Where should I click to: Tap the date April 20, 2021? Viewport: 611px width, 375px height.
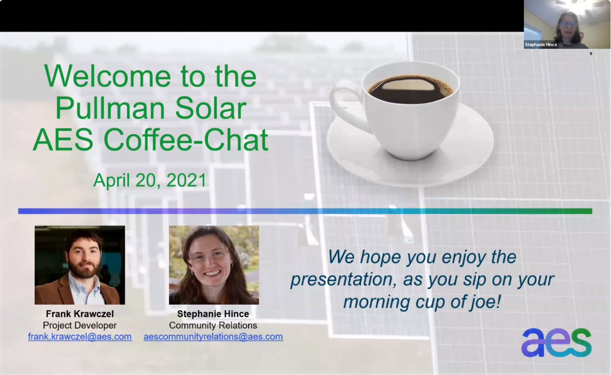click(150, 181)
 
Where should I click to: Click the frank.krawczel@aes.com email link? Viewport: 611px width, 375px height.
click(80, 336)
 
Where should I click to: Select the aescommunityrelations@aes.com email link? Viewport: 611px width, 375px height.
click(213, 336)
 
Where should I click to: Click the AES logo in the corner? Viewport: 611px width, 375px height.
click(557, 343)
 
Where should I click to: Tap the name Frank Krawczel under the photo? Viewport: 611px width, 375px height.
click(80, 314)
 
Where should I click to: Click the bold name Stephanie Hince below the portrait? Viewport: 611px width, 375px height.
click(213, 314)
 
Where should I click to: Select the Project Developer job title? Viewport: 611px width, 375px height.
click(79, 326)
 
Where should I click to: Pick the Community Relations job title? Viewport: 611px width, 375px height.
click(213, 326)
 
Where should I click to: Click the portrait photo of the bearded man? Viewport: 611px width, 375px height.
click(79, 265)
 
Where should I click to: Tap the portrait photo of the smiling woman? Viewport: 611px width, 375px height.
click(214, 265)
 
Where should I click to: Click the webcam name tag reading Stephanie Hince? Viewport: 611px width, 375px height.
click(541, 44)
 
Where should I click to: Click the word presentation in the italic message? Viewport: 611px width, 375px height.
click(343, 280)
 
